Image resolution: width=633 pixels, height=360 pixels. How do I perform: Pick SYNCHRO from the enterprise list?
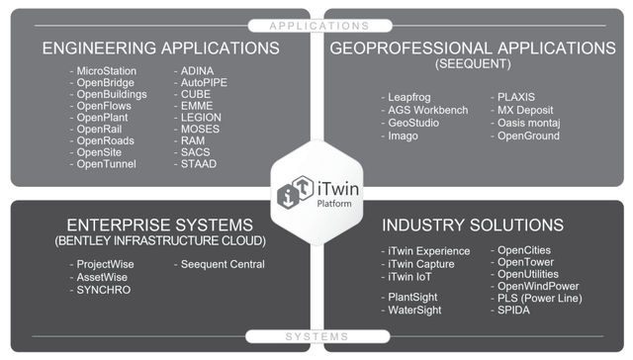(103, 290)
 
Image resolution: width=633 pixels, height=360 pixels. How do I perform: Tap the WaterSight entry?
(418, 310)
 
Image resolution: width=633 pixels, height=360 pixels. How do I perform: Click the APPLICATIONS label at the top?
(316, 24)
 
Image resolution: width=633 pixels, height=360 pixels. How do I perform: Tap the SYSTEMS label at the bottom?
(316, 337)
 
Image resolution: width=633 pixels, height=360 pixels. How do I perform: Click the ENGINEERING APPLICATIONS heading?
(160, 47)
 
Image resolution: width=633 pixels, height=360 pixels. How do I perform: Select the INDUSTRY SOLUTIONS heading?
(473, 225)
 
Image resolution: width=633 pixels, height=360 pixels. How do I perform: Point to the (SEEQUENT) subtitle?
(472, 63)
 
